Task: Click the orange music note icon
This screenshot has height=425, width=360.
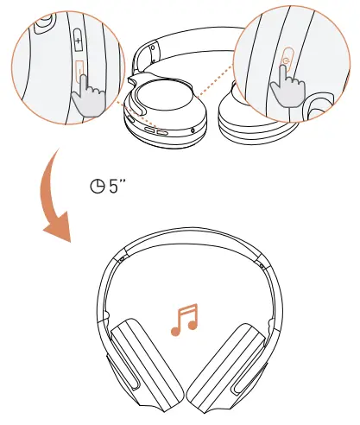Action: click(x=185, y=318)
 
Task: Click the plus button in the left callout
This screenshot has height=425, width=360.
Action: click(x=79, y=41)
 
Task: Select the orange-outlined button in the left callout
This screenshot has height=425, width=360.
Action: click(x=79, y=68)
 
